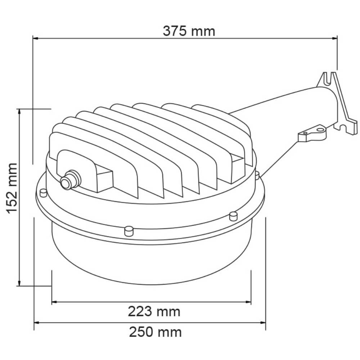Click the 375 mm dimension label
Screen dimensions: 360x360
click(189, 31)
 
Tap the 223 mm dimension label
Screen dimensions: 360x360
click(154, 311)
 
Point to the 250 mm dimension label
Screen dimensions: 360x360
click(155, 332)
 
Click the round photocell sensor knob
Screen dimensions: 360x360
click(67, 182)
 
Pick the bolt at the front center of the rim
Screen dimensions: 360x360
click(129, 230)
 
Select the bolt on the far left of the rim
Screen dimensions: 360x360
click(43, 193)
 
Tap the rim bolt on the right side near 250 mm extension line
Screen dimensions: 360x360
click(233, 216)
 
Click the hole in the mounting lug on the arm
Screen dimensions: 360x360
click(319, 129)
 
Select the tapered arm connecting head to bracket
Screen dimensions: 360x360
click(284, 115)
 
